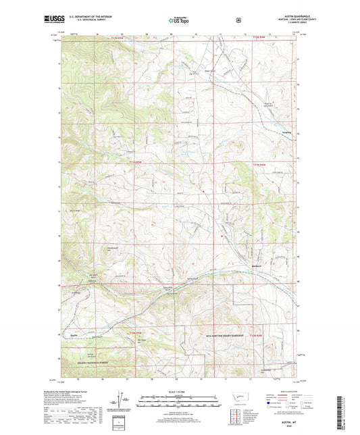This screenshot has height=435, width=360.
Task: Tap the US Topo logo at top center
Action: [180, 21]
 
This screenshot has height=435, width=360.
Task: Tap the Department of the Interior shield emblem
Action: [238, 20]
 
